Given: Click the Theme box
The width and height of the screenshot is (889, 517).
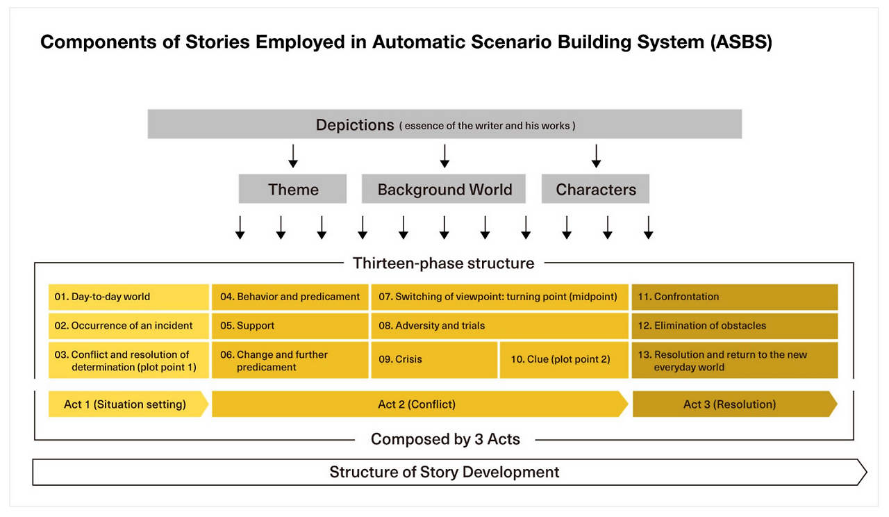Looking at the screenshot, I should click(292, 189).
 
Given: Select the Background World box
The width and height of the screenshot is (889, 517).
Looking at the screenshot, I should click(444, 189).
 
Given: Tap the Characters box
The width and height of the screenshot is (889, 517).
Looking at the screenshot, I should click(595, 189).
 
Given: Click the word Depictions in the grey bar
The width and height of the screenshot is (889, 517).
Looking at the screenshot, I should click(355, 125).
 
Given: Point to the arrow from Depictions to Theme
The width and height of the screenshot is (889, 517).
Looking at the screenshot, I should click(293, 156).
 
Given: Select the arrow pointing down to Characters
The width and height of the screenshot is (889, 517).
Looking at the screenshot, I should click(596, 156).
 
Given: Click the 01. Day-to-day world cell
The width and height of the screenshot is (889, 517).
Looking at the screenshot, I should click(128, 297).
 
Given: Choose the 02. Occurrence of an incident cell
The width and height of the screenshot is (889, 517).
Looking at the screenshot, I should click(128, 325).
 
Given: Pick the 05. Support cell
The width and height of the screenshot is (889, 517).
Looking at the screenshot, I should click(290, 325).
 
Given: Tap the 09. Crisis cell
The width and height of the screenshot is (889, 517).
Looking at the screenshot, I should click(434, 359).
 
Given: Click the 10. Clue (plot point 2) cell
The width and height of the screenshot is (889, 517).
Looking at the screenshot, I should click(564, 359).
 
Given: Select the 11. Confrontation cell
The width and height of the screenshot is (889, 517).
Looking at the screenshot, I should click(734, 297).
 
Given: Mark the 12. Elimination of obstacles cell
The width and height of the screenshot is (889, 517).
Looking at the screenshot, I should click(734, 325).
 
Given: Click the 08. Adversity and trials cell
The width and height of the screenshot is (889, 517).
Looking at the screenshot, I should click(499, 325).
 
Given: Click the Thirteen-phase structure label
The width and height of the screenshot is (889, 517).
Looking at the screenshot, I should click(444, 263).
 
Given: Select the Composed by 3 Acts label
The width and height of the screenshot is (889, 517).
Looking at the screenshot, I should click(445, 439).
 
